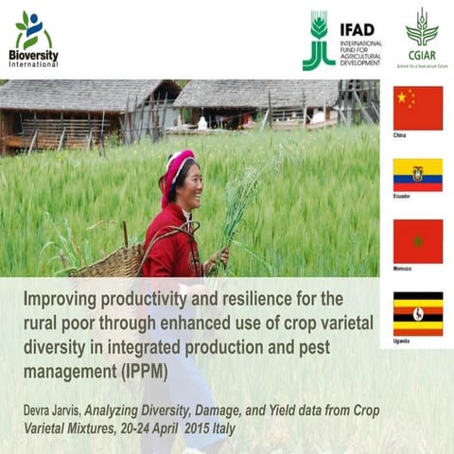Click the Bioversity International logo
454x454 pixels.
(34, 40)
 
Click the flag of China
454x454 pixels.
(417, 108)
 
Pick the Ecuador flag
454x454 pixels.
(417, 175)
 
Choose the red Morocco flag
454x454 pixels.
(417, 241)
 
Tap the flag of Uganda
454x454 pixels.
(417, 313)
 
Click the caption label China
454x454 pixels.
(400, 136)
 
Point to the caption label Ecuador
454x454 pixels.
(402, 197)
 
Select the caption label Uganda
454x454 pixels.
(402, 340)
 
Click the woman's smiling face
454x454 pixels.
(189, 180)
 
